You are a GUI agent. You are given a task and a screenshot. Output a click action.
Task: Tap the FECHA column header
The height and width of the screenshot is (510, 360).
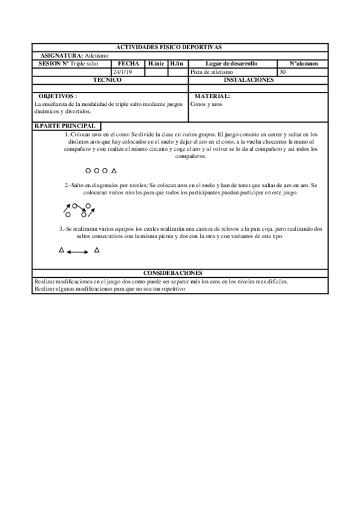point(128,64)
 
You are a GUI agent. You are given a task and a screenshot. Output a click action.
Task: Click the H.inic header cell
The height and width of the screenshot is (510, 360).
point(156,64)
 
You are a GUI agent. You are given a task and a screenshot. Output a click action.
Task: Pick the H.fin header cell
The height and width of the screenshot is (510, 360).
point(177,64)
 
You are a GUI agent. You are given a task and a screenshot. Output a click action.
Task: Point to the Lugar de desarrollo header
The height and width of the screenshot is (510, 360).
point(231,64)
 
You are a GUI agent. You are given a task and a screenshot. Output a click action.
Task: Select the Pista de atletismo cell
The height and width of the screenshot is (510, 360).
point(210,72)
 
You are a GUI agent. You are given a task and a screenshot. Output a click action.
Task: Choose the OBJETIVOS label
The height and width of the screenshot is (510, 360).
point(58,96)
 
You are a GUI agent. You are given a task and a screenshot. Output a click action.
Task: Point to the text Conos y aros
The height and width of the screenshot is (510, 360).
point(205,103)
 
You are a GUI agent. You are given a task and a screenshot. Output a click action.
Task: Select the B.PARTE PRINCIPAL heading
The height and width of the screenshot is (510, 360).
point(65,126)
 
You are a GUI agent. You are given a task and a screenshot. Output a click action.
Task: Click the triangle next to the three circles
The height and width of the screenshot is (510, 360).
point(114,171)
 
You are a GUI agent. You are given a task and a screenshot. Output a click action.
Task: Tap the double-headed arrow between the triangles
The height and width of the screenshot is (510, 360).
point(78,252)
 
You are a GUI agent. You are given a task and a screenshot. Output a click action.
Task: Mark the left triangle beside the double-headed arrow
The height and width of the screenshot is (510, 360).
point(61,250)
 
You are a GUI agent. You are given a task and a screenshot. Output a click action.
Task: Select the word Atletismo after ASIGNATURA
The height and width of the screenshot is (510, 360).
point(97,55)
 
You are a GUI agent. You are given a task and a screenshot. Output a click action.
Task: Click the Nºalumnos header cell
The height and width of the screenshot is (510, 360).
point(304,64)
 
